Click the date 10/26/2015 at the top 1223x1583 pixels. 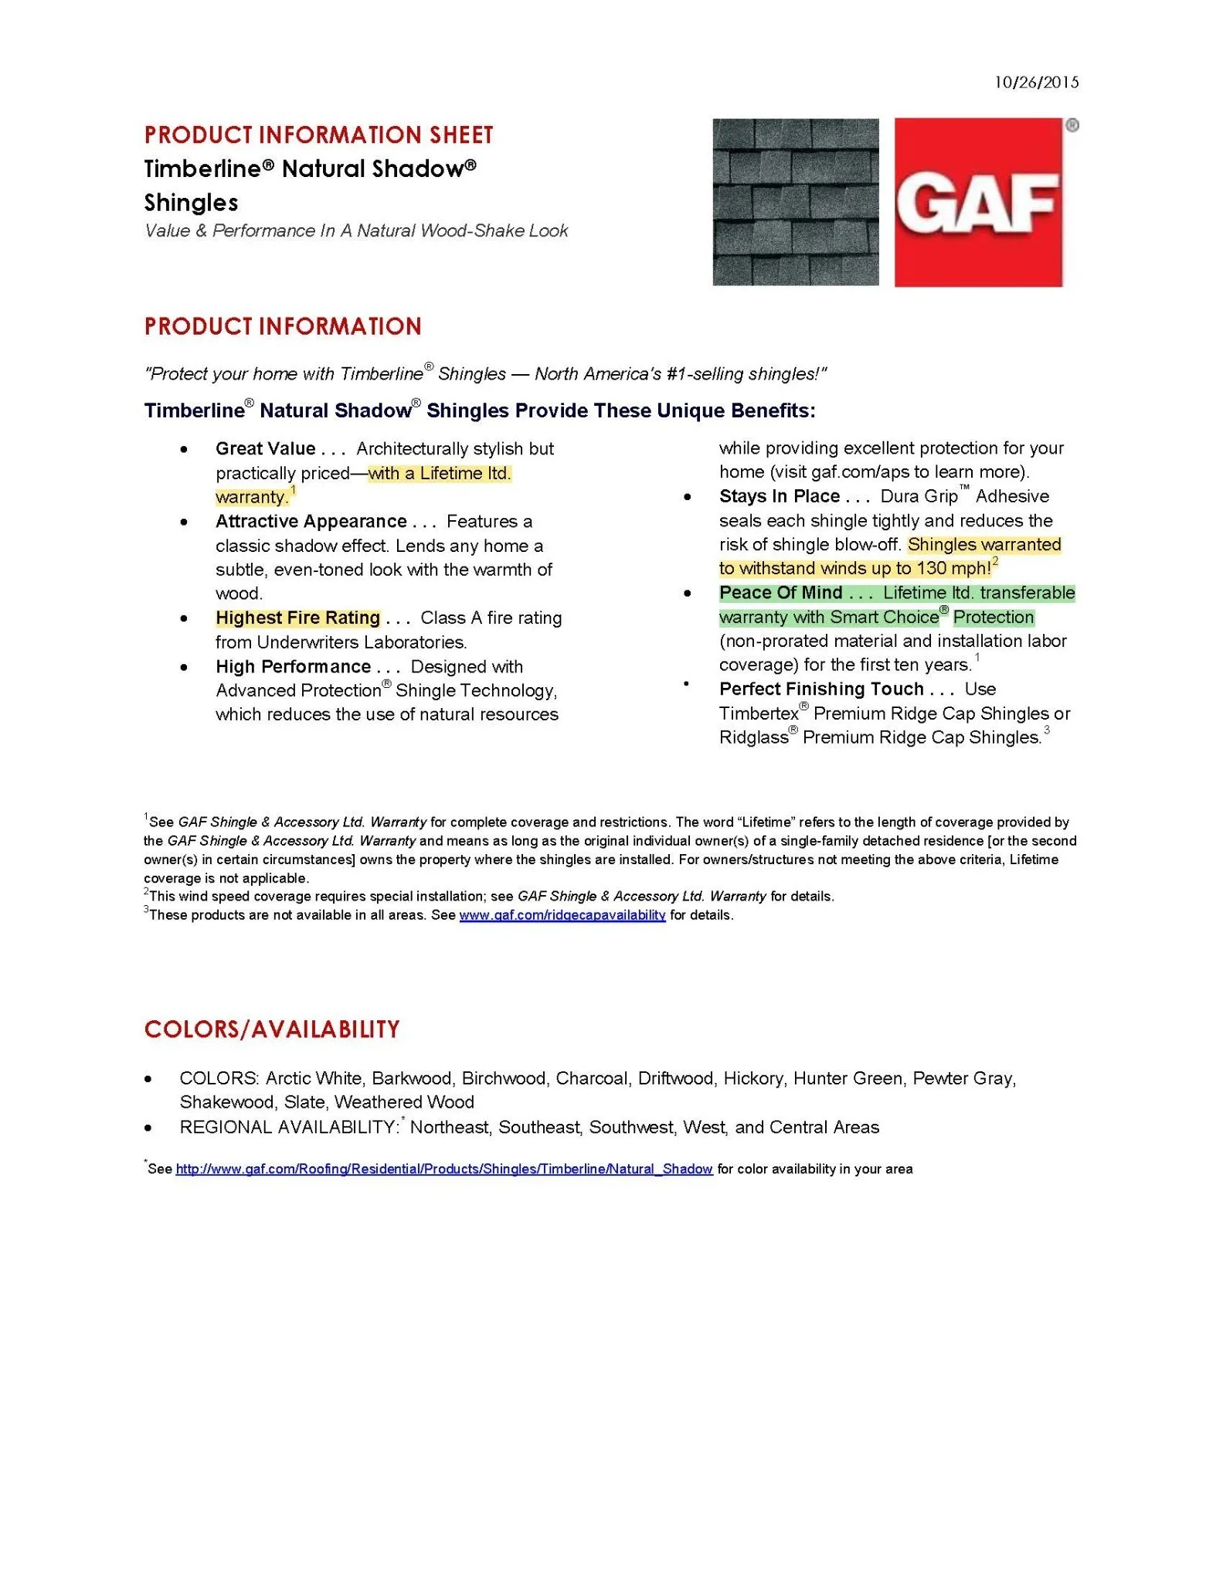tap(1036, 83)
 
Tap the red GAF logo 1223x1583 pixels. tap(978, 203)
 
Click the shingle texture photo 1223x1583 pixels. tap(795, 202)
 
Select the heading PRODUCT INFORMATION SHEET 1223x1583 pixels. tap(318, 135)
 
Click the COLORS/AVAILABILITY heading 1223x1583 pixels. tap(272, 1030)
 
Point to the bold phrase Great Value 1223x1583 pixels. tap(266, 449)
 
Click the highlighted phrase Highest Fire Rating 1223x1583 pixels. tap(297, 618)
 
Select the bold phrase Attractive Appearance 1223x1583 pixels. tap(311, 522)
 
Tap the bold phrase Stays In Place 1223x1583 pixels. tap(779, 496)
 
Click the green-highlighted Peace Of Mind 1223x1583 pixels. tap(780, 593)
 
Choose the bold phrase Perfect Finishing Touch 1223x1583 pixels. tap(821, 689)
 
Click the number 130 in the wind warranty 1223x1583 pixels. tap(932, 569)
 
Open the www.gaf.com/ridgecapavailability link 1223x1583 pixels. tap(562, 915)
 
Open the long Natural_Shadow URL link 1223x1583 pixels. tap(443, 1169)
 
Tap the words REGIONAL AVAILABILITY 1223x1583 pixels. tap(288, 1128)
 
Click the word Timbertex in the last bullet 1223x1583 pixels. tap(758, 714)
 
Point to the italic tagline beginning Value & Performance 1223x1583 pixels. tap(355, 231)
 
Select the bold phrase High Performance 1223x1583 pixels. tap(293, 667)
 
